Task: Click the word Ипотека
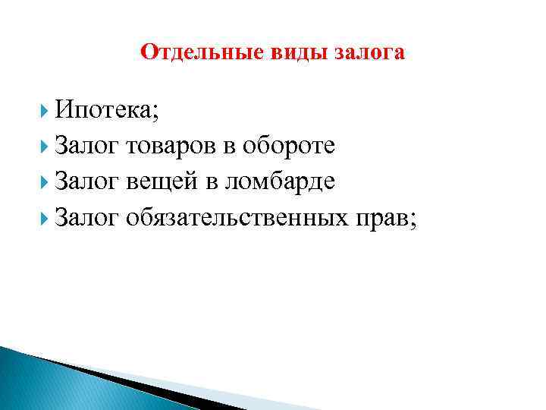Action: pos(106,111)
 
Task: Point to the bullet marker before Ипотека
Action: pos(45,111)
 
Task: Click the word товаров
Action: pos(171,146)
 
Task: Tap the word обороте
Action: pos(288,146)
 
